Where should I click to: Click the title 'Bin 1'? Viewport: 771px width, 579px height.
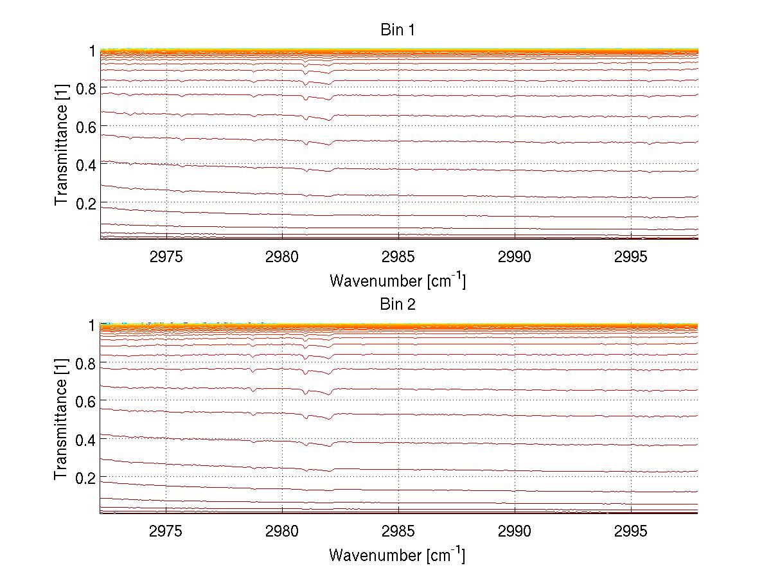click(x=398, y=30)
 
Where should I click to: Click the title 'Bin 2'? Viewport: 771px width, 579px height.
click(x=398, y=305)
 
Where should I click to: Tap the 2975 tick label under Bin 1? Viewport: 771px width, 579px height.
click(x=166, y=258)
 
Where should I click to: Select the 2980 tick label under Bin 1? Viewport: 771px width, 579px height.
click(x=283, y=258)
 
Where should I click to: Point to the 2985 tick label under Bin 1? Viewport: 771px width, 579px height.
click(x=398, y=258)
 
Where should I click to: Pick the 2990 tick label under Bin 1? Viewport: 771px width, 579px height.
click(x=515, y=258)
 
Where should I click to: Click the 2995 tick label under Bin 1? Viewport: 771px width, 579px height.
click(x=631, y=258)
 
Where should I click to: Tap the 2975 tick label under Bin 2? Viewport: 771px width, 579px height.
click(x=166, y=532)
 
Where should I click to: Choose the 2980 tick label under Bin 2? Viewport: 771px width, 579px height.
click(x=283, y=532)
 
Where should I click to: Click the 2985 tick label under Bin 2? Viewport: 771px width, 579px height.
click(x=398, y=532)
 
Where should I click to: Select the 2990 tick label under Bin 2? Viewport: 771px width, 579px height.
click(x=515, y=532)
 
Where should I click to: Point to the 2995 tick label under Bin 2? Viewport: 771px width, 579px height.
click(x=631, y=532)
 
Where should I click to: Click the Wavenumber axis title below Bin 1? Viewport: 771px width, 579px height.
click(x=398, y=280)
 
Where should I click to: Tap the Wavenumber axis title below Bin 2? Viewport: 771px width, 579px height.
click(x=398, y=555)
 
